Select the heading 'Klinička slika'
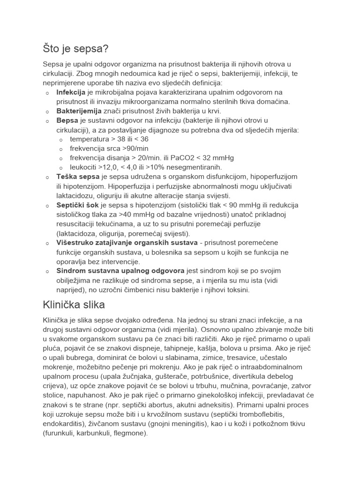(x=74, y=305)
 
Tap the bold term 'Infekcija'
(x=71, y=92)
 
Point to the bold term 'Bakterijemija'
(x=79, y=111)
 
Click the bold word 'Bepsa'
(x=67, y=120)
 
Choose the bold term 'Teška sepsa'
(x=78, y=177)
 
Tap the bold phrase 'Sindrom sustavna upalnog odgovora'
(x=120, y=271)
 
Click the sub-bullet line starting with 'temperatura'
(x=109, y=139)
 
